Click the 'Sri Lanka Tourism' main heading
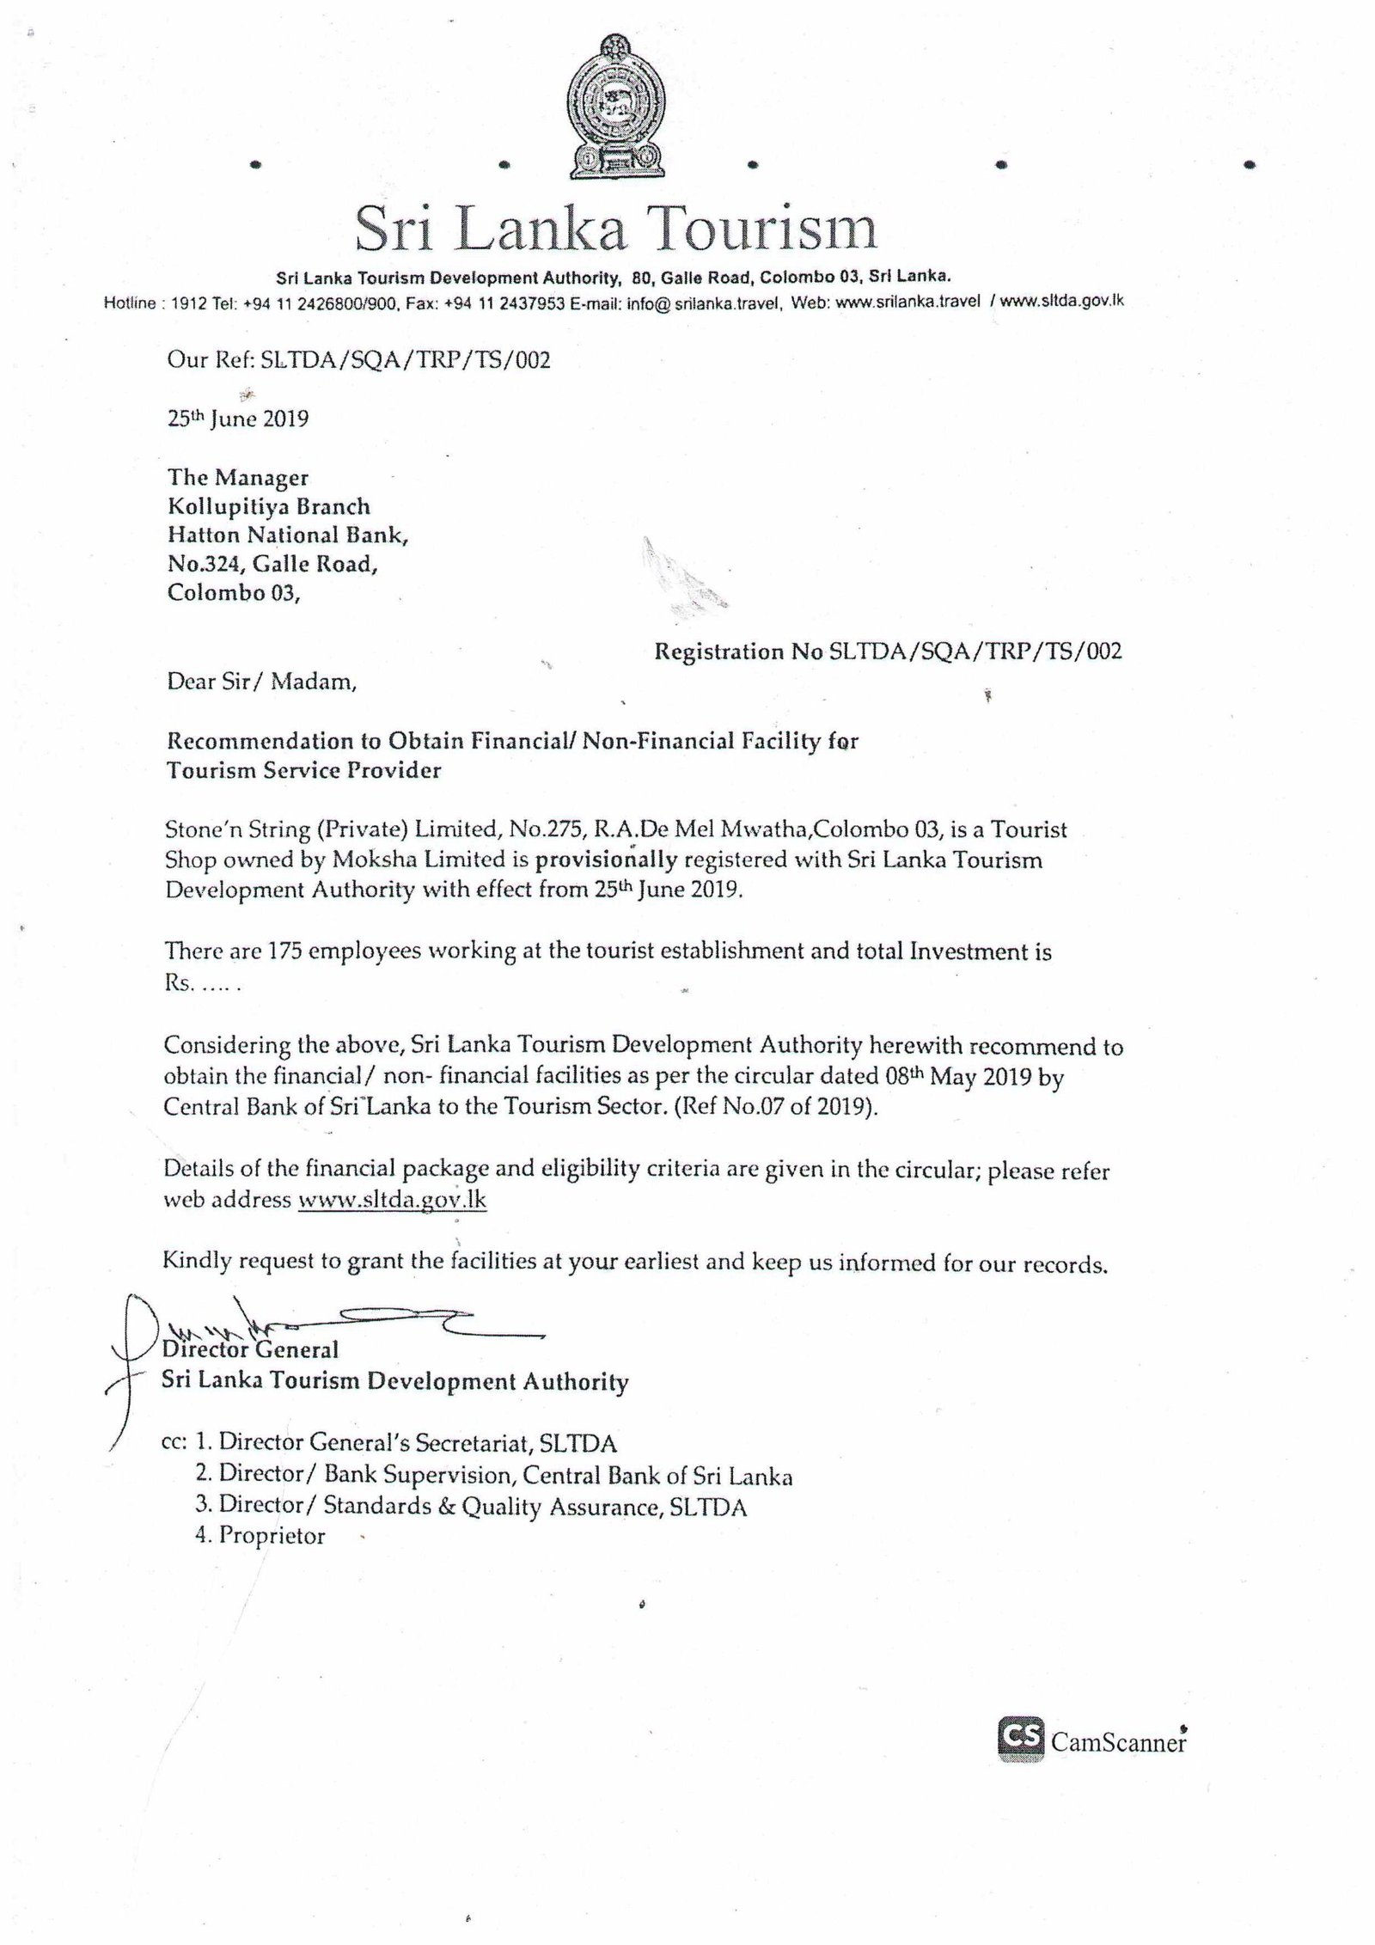coord(616,229)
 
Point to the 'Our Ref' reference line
coord(358,359)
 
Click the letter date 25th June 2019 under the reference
coord(238,419)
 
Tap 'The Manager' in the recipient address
coord(238,477)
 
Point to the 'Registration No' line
coord(888,651)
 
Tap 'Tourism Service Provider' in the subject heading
coord(303,769)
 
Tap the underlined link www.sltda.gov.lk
coord(392,1200)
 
